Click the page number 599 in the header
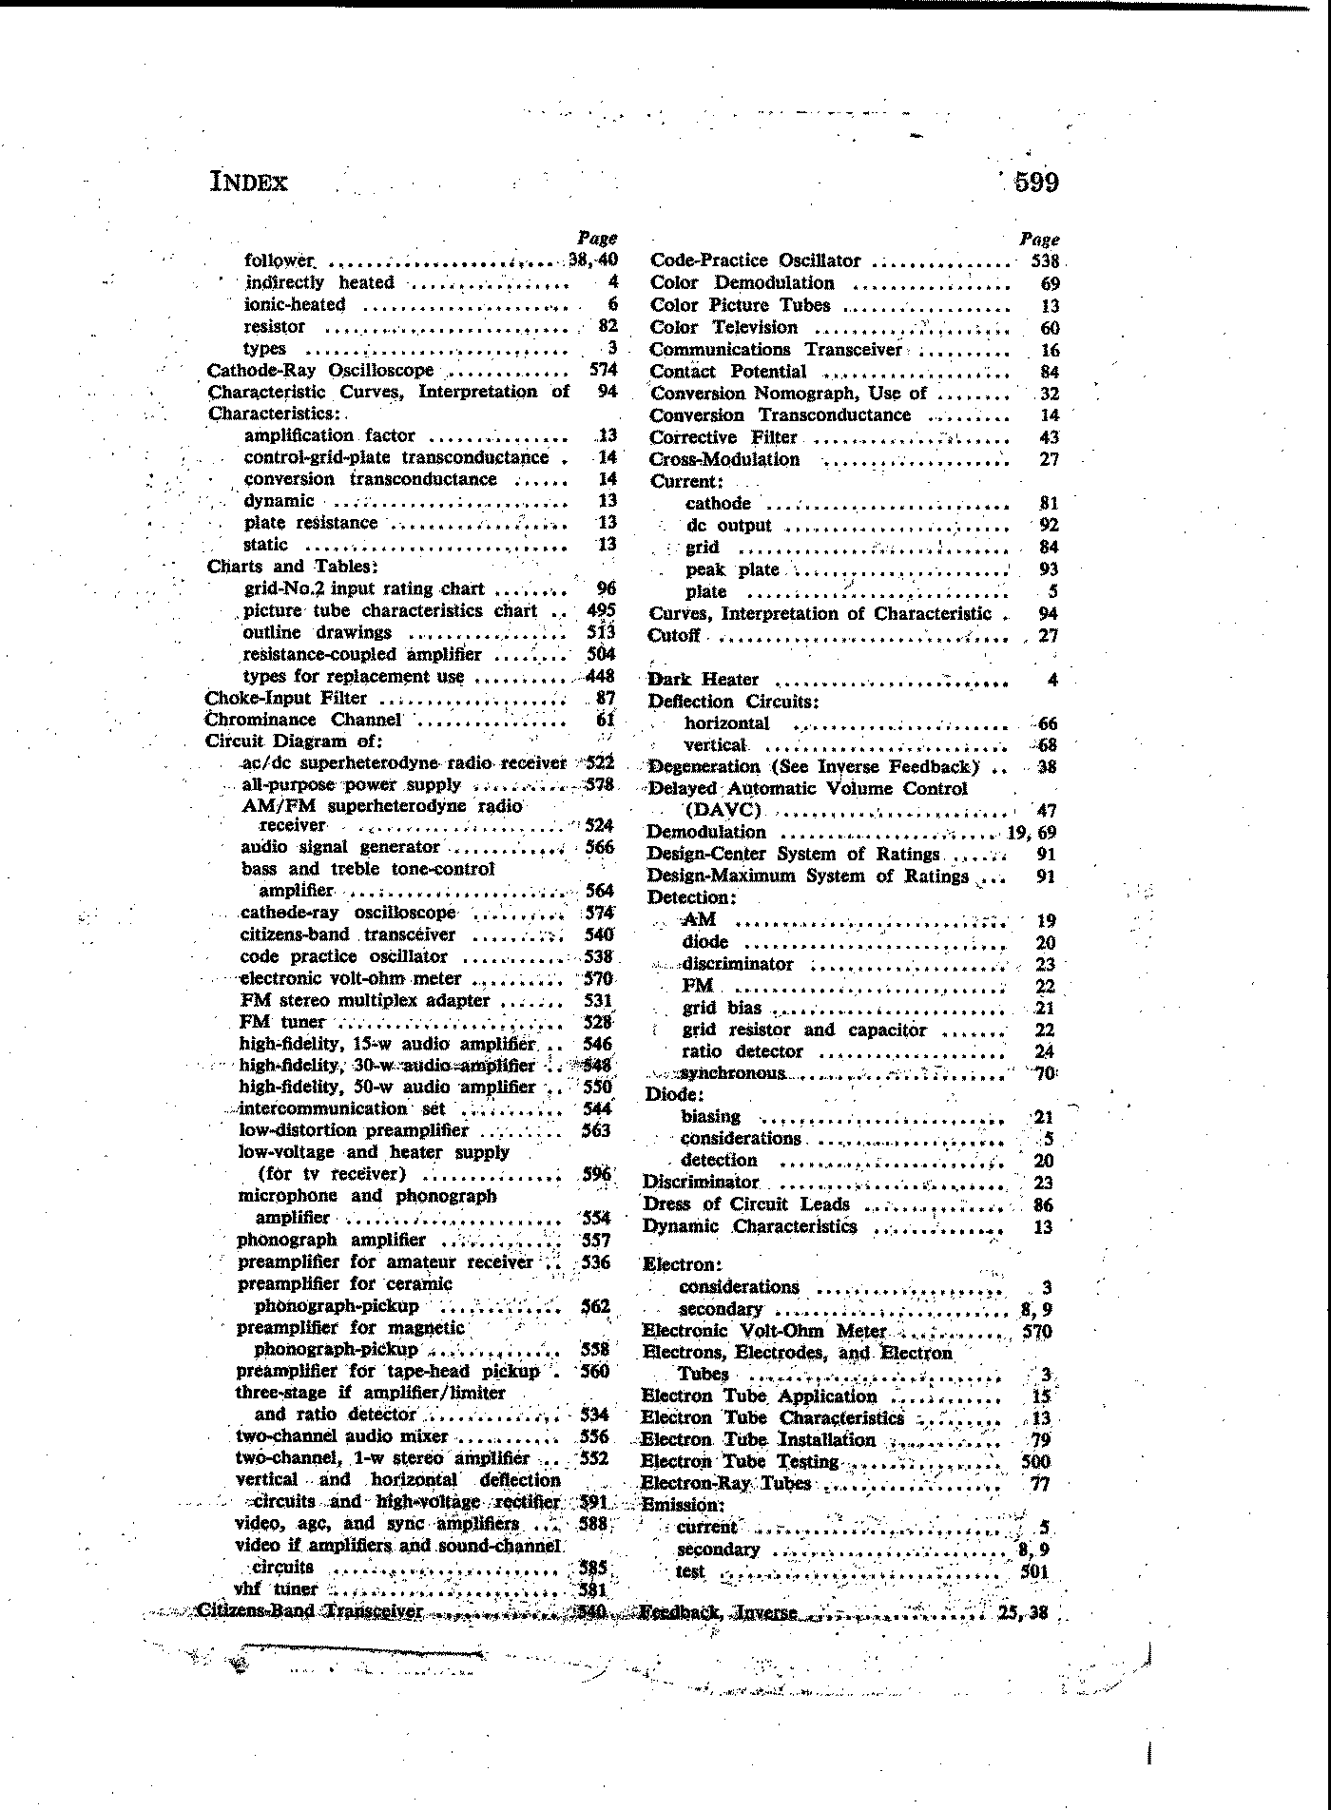click(1035, 182)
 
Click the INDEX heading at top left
click(248, 182)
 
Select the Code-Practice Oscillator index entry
click(755, 261)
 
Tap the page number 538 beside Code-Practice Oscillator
click(1045, 261)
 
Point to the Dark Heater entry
click(703, 680)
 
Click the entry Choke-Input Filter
click(286, 699)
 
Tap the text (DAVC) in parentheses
click(723, 811)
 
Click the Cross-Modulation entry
click(724, 460)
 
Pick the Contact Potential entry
click(727, 372)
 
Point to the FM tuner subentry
click(282, 1023)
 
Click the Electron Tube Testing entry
click(740, 1462)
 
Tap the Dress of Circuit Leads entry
click(746, 1204)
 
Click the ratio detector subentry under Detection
click(743, 1052)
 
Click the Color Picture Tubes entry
click(740, 305)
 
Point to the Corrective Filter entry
click(723, 438)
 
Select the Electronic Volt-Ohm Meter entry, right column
click(764, 1332)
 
